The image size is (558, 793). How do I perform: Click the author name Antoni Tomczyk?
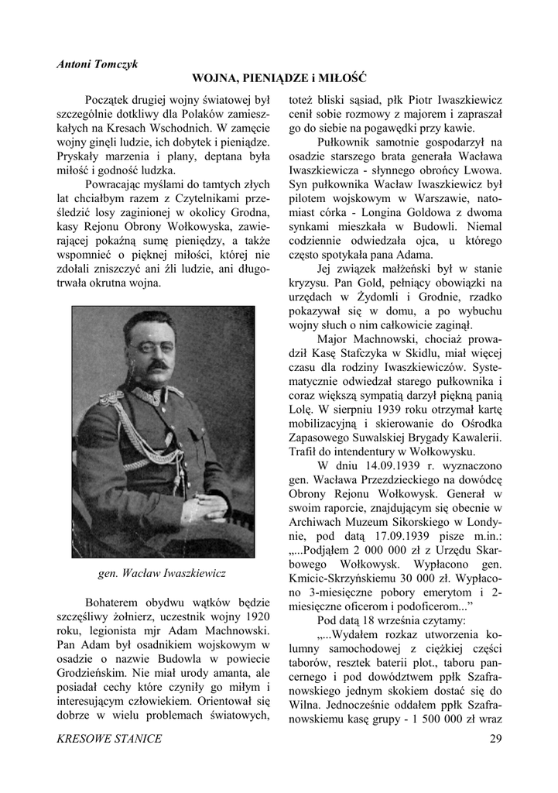(x=96, y=64)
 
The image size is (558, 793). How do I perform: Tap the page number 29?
(x=495, y=738)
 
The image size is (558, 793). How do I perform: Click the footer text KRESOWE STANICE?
(x=110, y=738)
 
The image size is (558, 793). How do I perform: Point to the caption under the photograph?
(x=163, y=574)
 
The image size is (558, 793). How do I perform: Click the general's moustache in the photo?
(x=159, y=363)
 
